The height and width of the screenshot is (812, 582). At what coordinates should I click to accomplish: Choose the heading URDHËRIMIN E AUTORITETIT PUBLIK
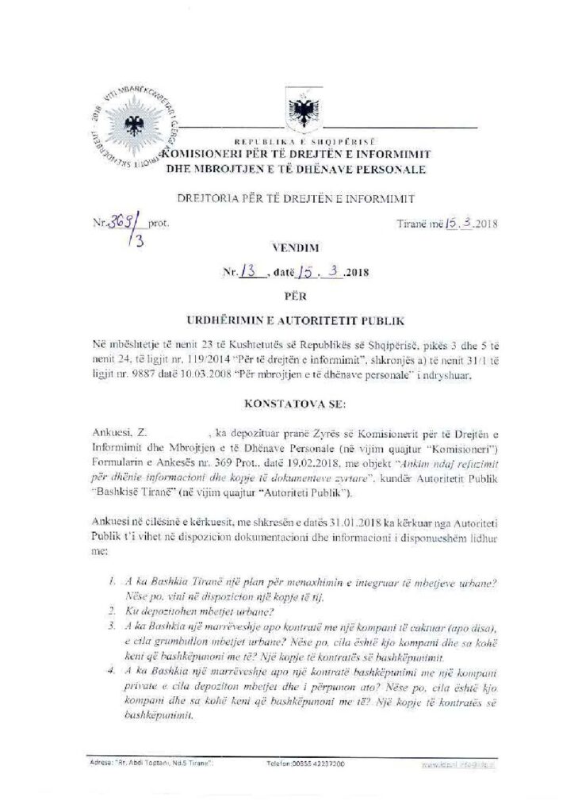coord(291,321)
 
